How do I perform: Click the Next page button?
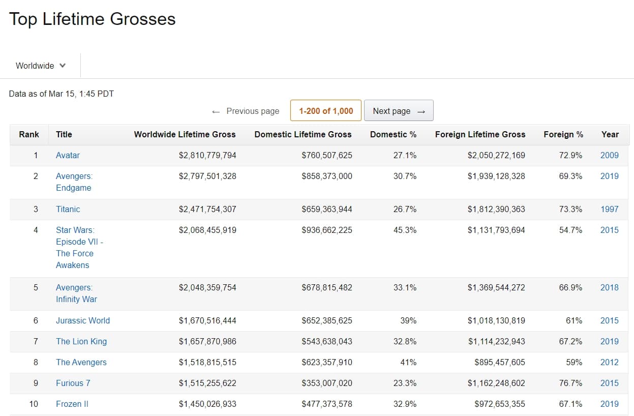(x=399, y=110)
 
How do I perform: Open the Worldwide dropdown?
(x=41, y=66)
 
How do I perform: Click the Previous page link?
(x=246, y=111)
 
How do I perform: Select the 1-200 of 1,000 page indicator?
(x=326, y=110)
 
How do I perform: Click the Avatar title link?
(x=68, y=155)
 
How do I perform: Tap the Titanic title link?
(x=68, y=209)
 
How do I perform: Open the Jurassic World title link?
(x=83, y=320)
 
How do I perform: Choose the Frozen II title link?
(x=72, y=404)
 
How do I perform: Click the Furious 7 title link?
(x=73, y=383)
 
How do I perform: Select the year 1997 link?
(x=610, y=209)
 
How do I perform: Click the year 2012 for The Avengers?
(x=610, y=362)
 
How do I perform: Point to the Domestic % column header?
(x=393, y=134)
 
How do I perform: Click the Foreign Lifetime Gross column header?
(x=480, y=134)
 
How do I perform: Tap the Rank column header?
(x=29, y=134)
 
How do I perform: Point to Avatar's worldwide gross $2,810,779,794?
(x=207, y=155)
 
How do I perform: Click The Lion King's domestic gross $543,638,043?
(x=327, y=342)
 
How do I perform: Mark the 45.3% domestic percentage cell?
(x=405, y=230)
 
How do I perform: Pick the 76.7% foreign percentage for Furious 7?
(x=570, y=383)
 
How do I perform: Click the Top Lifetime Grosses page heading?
(x=92, y=19)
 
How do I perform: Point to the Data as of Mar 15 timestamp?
(x=62, y=94)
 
